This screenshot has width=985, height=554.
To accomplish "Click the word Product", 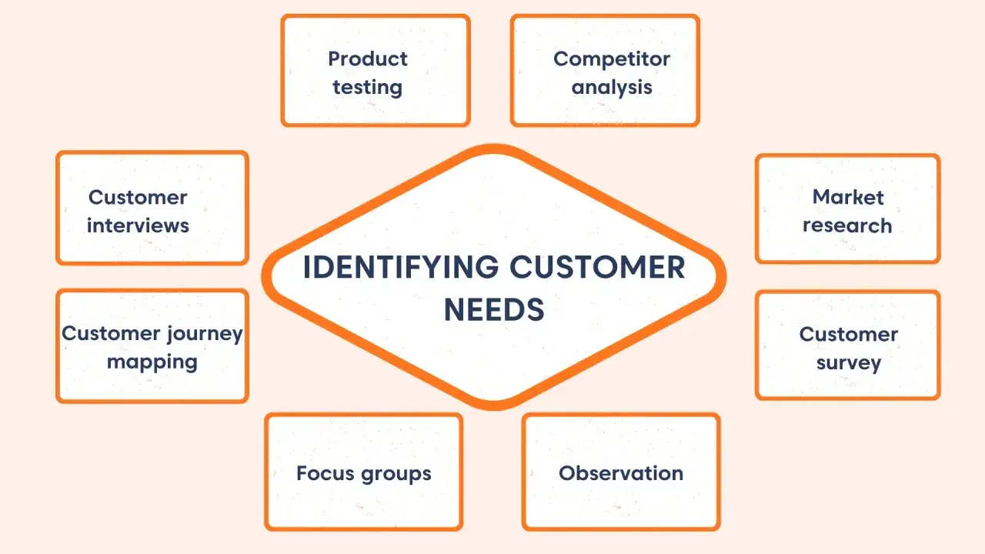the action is (368, 59).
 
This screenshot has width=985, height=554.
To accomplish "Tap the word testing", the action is (367, 88).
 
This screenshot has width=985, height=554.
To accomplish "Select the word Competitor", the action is (612, 60).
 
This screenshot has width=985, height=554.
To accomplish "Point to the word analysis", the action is (612, 88).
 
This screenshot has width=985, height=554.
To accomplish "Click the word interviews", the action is (138, 225).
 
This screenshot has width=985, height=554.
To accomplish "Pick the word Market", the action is (848, 197).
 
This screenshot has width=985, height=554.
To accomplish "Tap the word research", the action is (847, 225).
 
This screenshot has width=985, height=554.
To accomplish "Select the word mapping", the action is (152, 362).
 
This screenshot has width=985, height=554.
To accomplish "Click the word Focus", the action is (326, 473).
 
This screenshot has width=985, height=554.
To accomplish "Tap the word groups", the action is (396, 475).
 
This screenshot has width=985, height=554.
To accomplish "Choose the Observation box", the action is (621, 472).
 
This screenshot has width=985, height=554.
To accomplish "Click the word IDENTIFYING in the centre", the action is (401, 267).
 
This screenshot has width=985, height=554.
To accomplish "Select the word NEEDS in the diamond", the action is (494, 309).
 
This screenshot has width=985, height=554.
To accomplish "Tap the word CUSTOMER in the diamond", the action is (597, 267).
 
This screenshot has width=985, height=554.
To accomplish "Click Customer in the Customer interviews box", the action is (138, 198).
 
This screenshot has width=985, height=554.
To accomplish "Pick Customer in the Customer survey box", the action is (849, 335).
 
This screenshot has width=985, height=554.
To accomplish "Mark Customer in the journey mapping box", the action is (111, 333).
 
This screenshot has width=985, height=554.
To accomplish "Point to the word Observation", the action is (621, 473).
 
